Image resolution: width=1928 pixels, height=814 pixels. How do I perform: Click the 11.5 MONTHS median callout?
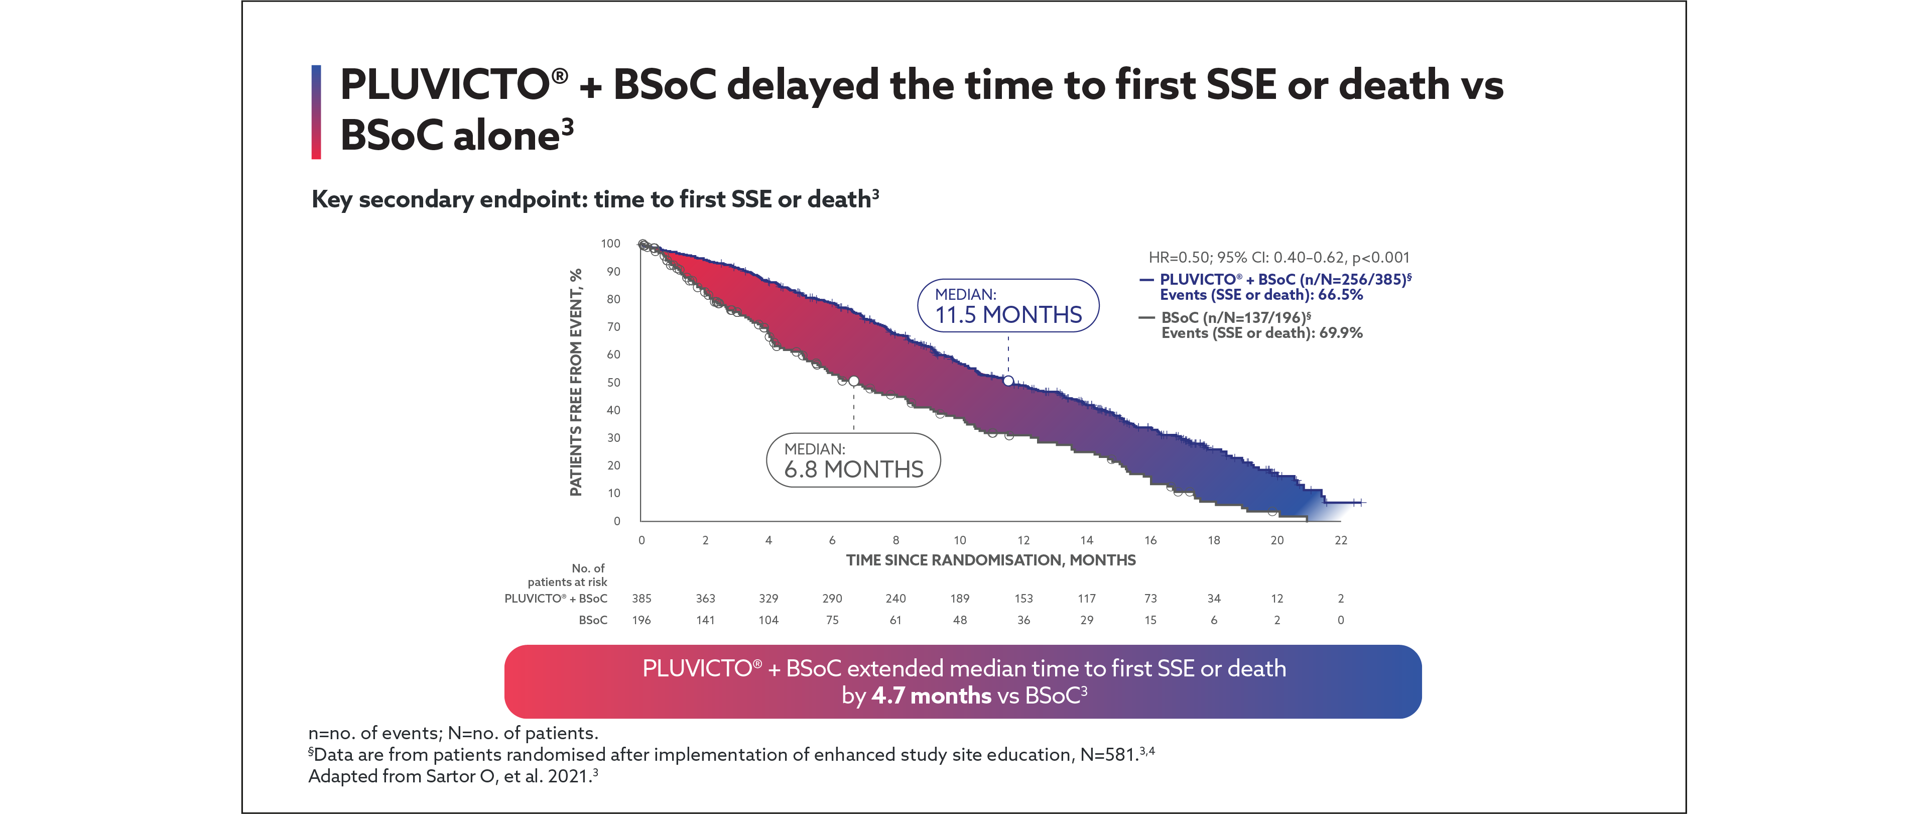(1007, 305)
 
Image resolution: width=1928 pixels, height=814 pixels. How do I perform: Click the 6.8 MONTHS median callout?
(853, 460)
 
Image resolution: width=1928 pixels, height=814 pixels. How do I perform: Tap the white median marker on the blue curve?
(1008, 381)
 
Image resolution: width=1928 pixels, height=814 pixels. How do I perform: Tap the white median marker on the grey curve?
(853, 381)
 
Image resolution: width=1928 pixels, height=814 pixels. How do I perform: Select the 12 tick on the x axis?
(1023, 540)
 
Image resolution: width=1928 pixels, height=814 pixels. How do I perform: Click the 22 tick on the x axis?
(1341, 540)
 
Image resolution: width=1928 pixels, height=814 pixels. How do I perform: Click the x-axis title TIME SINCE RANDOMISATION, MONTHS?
(990, 560)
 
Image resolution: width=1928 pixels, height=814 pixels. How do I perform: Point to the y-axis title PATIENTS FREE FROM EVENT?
(576, 382)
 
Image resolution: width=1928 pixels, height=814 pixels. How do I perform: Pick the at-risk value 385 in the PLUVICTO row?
(641, 599)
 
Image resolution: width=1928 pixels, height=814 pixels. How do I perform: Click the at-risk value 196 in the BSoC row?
(641, 620)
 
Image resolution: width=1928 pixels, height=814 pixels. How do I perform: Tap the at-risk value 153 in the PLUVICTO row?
(1023, 599)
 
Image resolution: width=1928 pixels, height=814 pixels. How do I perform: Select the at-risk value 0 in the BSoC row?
(1341, 620)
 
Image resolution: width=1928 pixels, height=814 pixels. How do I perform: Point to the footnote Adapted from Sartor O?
(453, 776)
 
